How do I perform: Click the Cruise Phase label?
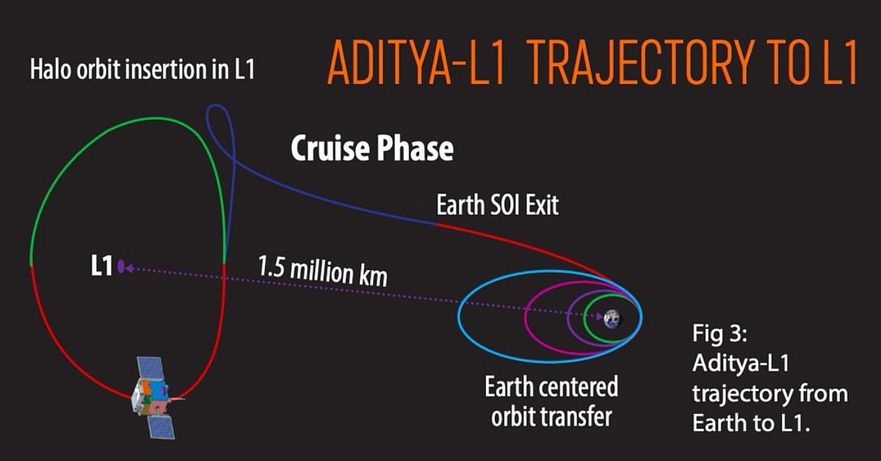371,149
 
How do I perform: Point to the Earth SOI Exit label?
497,205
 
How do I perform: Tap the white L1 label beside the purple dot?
101,266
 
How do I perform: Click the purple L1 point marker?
120,267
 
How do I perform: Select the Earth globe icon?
612,319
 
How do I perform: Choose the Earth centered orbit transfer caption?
551,402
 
